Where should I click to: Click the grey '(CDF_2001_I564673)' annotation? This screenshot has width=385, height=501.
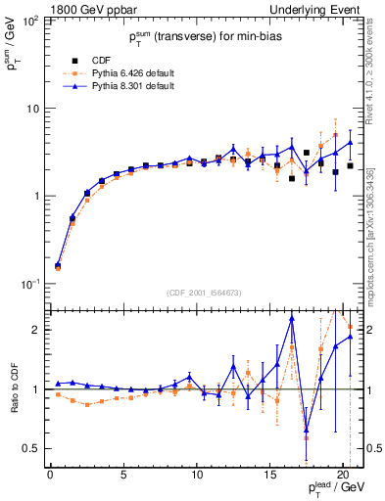click(205, 292)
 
